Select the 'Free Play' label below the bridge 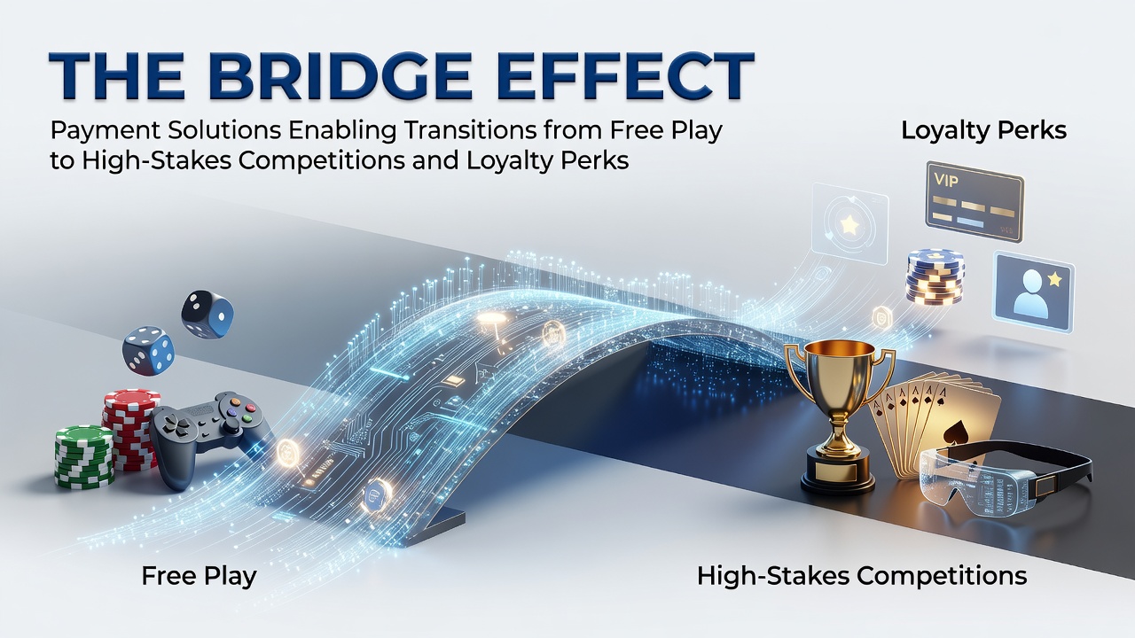click(200, 577)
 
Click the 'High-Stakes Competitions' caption click(862, 577)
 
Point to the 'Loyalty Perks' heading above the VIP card click(984, 130)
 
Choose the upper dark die click(207, 314)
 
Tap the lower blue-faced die click(148, 350)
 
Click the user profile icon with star click(1034, 292)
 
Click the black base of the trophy click(837, 476)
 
